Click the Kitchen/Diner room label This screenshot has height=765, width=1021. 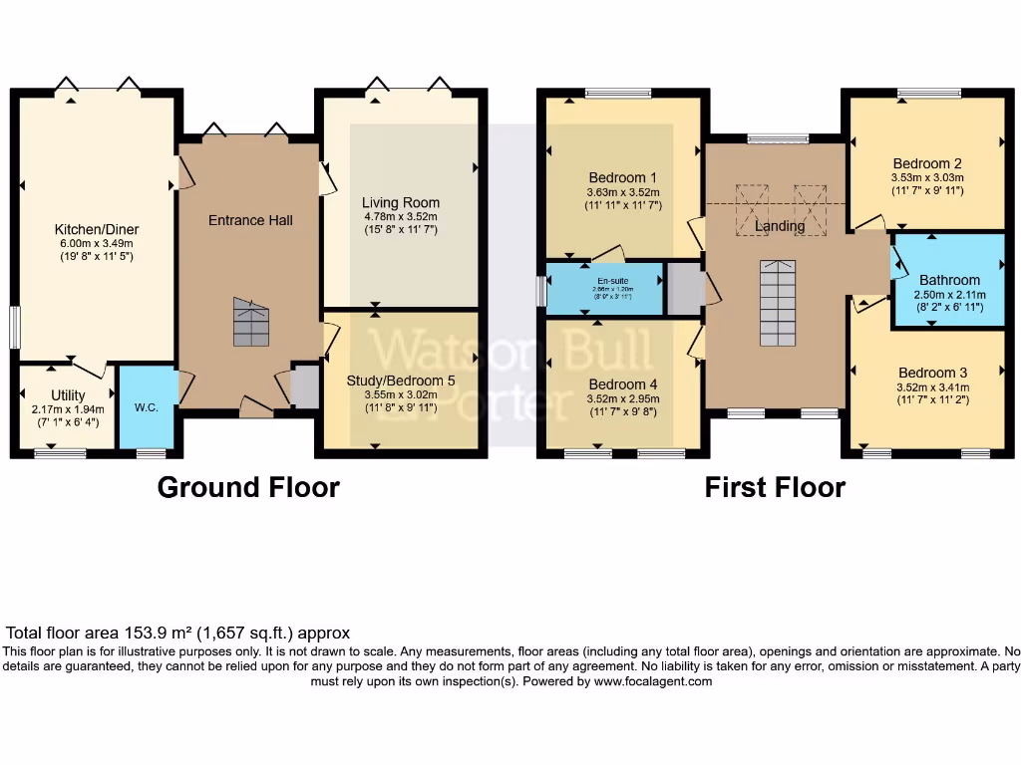pos(95,230)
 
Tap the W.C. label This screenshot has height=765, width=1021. pos(147,407)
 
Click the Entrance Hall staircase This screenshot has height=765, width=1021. pos(251,322)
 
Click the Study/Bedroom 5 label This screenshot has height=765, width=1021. pos(399,380)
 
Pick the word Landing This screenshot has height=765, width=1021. pos(780,226)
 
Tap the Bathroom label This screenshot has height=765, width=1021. pos(949,280)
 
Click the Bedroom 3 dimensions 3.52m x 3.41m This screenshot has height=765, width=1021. pos(932,388)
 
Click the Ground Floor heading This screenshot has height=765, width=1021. pos(248,487)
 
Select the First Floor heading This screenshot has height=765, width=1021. pos(775,487)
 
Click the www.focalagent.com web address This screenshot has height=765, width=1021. pos(653,681)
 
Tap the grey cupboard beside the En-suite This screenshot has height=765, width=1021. pos(683,288)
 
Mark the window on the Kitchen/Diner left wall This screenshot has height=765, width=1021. pos(15,328)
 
